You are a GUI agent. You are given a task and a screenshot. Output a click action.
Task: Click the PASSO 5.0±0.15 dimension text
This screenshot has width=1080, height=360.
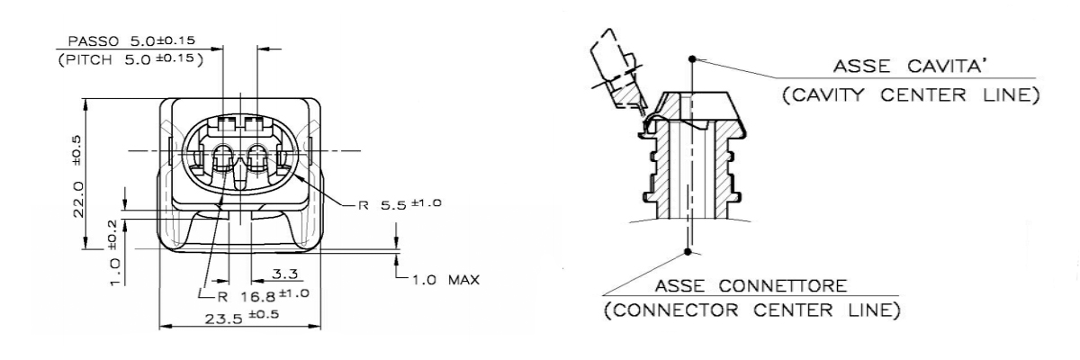tap(132, 41)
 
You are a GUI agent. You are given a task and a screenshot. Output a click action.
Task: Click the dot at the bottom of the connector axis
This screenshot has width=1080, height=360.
tap(688, 252)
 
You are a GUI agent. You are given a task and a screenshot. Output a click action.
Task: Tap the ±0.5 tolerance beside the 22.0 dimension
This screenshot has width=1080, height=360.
tap(79, 146)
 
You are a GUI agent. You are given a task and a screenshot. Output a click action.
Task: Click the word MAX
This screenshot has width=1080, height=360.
tap(463, 280)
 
